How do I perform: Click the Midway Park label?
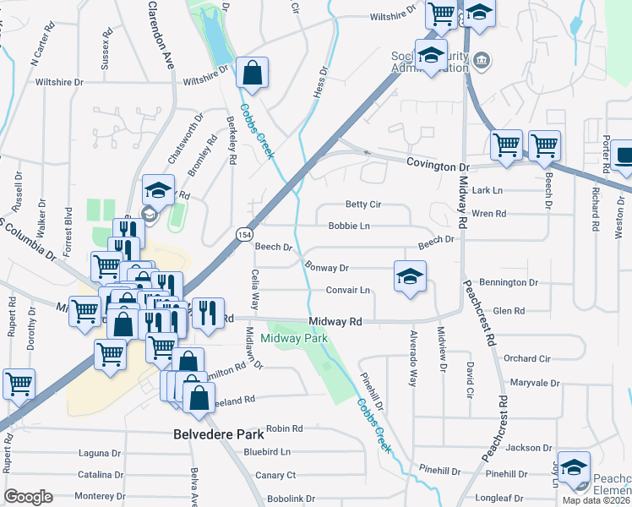[293, 338]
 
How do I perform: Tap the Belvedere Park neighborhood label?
[218, 434]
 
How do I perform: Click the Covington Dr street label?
[437, 166]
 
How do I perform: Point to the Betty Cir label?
[364, 204]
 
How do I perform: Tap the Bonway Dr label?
[326, 267]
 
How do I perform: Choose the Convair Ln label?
[348, 290]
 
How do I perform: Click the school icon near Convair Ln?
[410, 277]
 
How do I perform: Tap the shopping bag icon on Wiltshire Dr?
[253, 74]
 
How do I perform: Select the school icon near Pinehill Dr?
[574, 467]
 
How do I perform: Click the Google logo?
[28, 497]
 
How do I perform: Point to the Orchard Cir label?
[526, 358]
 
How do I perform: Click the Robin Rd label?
[284, 429]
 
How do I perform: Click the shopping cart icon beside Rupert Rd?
[19, 384]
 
